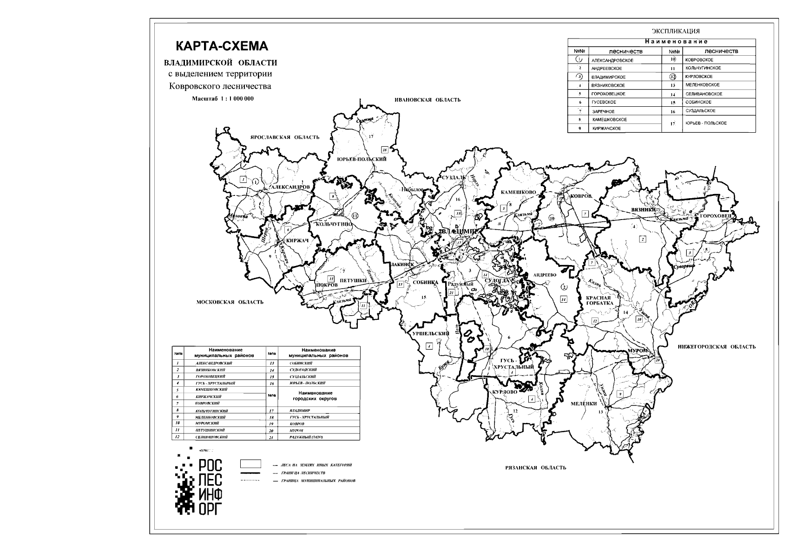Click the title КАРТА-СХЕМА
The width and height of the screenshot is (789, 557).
[x=222, y=46]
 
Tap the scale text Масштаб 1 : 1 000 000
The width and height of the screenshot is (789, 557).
[x=223, y=99]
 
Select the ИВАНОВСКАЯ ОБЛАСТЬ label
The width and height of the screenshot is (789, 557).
[x=427, y=100]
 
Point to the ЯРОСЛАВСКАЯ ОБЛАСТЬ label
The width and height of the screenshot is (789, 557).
[x=284, y=137]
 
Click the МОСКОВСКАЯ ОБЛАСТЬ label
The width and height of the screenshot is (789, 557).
[x=230, y=302]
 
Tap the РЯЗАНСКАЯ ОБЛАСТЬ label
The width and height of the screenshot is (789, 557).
[x=535, y=467]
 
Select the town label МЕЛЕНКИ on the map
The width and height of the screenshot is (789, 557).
[x=584, y=404]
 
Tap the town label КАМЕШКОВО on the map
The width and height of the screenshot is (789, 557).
[x=518, y=192]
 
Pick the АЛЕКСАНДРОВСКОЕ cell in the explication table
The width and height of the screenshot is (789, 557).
[x=612, y=60]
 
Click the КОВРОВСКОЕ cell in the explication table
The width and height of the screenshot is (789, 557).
[x=699, y=60]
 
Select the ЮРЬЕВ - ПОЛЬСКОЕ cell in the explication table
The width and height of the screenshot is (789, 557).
[x=706, y=123]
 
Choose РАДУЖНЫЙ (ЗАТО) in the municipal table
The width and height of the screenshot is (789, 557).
[x=306, y=437]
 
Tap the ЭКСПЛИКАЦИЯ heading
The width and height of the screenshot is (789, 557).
[x=675, y=31]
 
